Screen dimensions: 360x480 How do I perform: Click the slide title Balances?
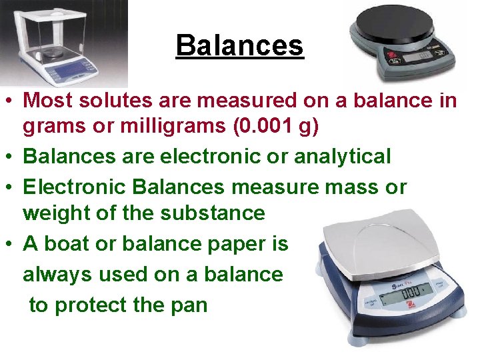click(240, 45)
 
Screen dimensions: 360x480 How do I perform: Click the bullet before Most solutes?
click(11, 101)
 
